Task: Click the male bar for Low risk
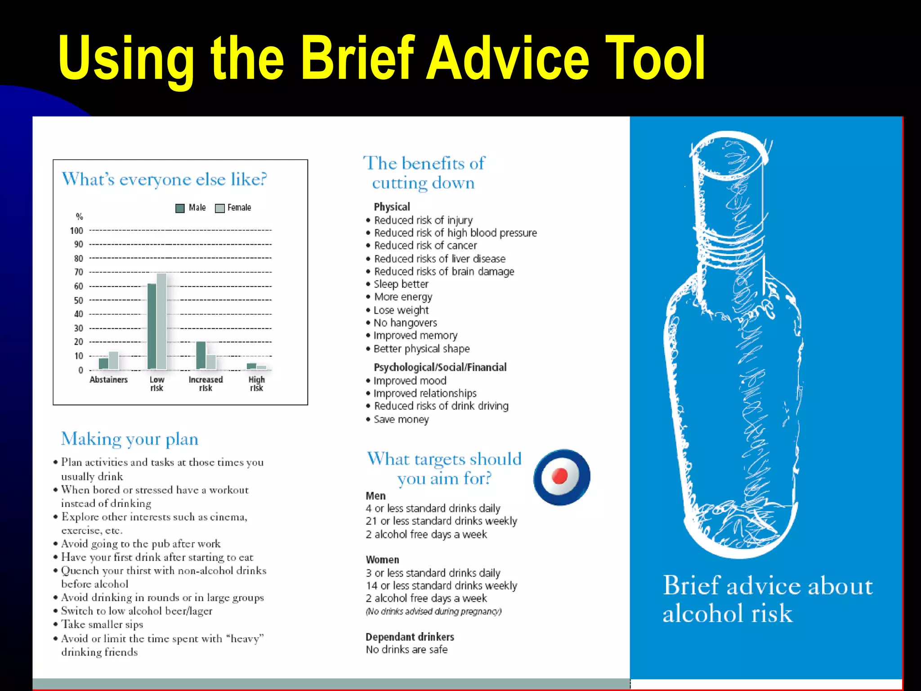152,327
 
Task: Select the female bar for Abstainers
114,360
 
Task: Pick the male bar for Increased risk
201,355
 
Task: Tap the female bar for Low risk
161,321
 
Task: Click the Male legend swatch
180,208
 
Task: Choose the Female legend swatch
220,208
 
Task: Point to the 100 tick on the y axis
76,231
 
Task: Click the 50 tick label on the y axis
78,301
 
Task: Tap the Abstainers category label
108,380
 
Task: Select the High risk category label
256,384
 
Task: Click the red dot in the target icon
560,476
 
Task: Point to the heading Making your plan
130,439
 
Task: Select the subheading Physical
392,207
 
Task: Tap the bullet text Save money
401,419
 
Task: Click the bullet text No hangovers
405,323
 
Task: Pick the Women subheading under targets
382,560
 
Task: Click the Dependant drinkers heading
410,637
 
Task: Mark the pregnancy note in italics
434,611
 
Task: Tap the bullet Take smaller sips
102,624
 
